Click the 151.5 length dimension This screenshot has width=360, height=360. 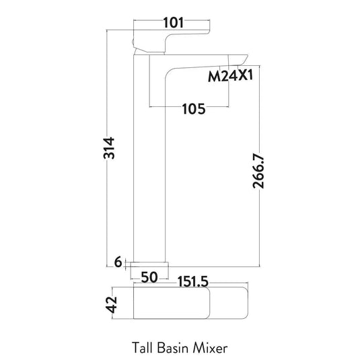pos(196,277)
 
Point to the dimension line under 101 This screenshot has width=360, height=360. pos(174,31)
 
